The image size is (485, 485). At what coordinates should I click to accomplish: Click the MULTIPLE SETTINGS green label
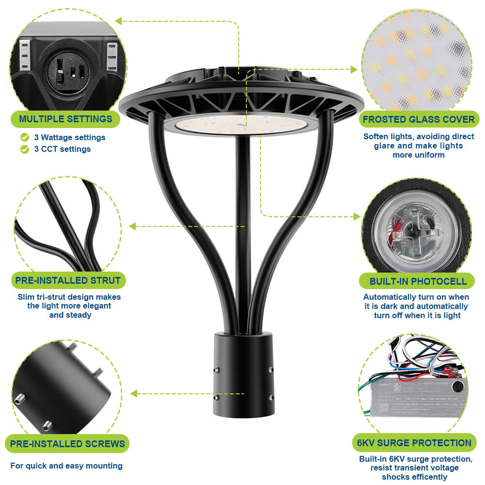point(65,119)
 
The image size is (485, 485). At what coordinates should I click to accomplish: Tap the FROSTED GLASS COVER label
point(419,119)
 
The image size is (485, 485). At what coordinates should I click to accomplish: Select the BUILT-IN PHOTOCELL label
point(418,281)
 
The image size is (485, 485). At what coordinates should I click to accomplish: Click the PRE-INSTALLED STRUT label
point(68,280)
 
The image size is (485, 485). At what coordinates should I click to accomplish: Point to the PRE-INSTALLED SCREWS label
point(67,443)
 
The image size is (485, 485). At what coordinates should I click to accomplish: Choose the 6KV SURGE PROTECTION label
point(414,443)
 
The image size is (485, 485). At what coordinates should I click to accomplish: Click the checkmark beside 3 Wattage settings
point(25,137)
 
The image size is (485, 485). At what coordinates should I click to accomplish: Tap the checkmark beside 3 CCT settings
point(25,149)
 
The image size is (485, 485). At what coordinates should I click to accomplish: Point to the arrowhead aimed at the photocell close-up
point(358,216)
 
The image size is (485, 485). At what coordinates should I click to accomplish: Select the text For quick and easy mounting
point(66,466)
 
